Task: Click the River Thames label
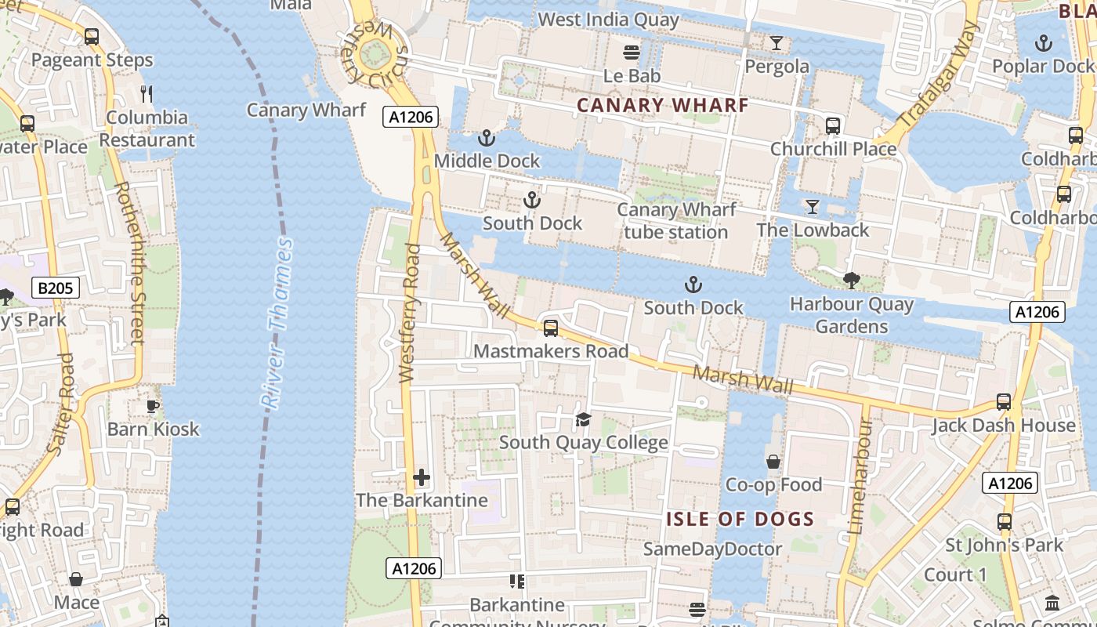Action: pyautogui.click(x=277, y=324)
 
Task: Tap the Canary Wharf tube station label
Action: pyautogui.click(x=675, y=221)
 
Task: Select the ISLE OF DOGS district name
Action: pyautogui.click(x=740, y=519)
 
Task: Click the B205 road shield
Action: pyautogui.click(x=56, y=288)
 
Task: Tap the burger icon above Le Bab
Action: pyautogui.click(x=632, y=53)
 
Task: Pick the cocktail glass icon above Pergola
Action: pyautogui.click(x=777, y=43)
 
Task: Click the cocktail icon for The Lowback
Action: pyautogui.click(x=813, y=207)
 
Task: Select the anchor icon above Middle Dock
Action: pyautogui.click(x=487, y=138)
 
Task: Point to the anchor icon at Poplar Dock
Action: pyautogui.click(x=1043, y=42)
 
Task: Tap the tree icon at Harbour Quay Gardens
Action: pyautogui.click(x=851, y=281)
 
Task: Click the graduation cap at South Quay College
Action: pyautogui.click(x=583, y=419)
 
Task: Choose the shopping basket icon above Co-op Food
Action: pyautogui.click(x=773, y=462)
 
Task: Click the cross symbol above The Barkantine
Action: pyautogui.click(x=422, y=477)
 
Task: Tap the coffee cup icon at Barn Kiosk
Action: pyautogui.click(x=153, y=406)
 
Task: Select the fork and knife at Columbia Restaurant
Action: pyautogui.click(x=147, y=94)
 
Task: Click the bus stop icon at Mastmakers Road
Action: pyautogui.click(x=551, y=328)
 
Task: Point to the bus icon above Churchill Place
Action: pyautogui.click(x=833, y=125)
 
